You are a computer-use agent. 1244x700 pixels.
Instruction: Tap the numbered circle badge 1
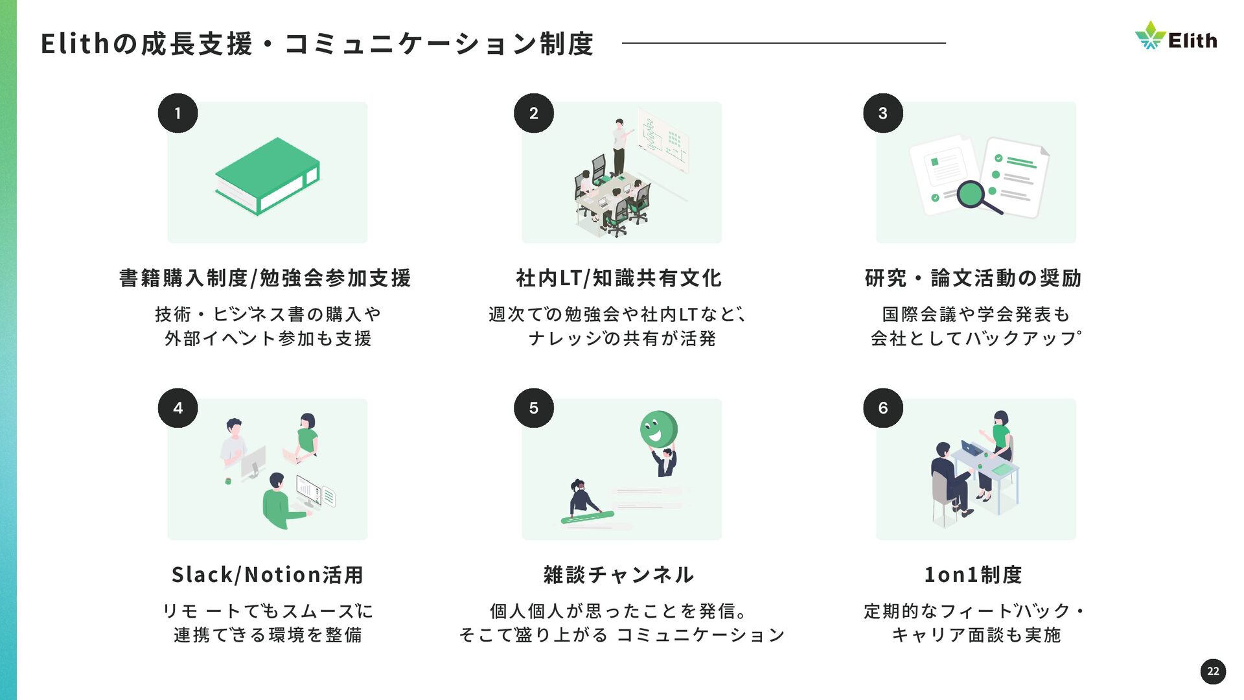tap(178, 113)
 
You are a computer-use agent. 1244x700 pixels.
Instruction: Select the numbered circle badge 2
tap(533, 113)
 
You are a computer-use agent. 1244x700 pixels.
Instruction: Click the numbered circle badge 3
tap(882, 113)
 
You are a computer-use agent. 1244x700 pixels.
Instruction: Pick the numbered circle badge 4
tap(178, 408)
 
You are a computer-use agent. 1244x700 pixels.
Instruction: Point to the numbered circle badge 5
tap(533, 408)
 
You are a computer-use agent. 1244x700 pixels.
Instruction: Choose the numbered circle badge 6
tap(882, 408)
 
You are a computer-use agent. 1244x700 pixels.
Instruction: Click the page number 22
tap(1213, 671)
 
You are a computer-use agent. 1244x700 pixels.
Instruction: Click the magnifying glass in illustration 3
tap(975, 196)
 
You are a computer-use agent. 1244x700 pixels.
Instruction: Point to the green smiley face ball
tap(658, 429)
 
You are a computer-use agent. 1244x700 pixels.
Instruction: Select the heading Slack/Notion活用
tap(267, 575)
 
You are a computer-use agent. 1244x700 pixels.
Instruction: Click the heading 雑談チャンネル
tap(619, 575)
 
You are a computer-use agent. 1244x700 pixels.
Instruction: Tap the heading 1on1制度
tap(973, 575)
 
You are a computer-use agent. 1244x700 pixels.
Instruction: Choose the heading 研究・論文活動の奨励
tap(973, 278)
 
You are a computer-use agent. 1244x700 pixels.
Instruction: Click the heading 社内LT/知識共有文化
tap(619, 278)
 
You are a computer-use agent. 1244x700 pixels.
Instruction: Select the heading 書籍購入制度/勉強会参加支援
tap(265, 278)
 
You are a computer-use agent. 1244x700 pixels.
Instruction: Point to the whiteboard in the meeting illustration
tap(662, 141)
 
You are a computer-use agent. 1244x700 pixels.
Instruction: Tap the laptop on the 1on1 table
tap(971, 448)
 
